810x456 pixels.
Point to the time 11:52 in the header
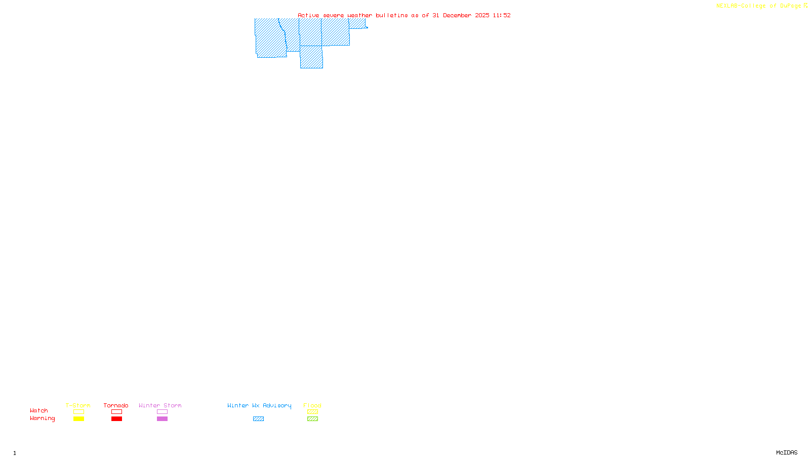tap(501, 15)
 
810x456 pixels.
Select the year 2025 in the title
tap(482, 15)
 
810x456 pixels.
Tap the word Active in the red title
tap(308, 15)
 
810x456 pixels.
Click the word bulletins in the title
tap(391, 15)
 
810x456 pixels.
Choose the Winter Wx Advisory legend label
tap(259, 405)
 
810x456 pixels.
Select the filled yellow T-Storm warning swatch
tap(78, 419)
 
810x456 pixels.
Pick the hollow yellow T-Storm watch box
tap(78, 412)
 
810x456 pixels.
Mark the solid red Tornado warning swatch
tap(116, 419)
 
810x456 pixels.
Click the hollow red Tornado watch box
tap(116, 412)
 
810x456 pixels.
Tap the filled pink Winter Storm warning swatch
tap(162, 419)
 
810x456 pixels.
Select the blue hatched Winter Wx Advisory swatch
tap(258, 419)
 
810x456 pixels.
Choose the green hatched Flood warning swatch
tap(312, 419)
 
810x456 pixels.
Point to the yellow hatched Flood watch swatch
tap(312, 412)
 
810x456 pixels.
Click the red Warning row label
tap(42, 419)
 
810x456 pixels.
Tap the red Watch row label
tap(38, 410)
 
